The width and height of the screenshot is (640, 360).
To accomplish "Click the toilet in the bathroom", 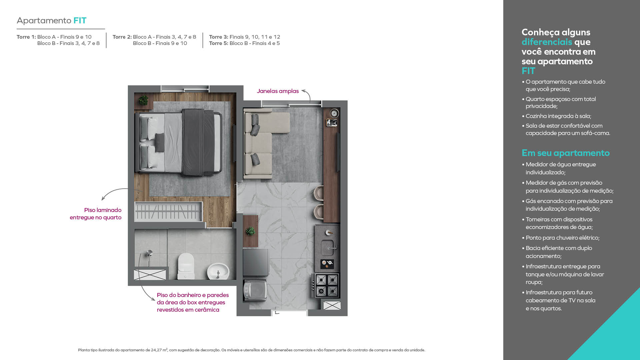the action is (x=186, y=266).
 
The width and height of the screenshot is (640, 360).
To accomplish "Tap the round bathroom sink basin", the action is (x=218, y=271).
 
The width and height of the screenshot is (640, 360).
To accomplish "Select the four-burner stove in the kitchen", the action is (x=327, y=285).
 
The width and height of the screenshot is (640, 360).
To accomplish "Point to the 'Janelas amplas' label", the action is (x=278, y=91).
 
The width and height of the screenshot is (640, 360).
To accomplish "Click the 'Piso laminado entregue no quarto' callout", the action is (x=96, y=214).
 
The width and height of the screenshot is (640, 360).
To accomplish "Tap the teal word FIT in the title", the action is (x=80, y=21).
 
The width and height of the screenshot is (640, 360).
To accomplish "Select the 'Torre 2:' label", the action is (x=122, y=37).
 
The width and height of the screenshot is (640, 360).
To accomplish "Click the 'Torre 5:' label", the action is (x=219, y=43).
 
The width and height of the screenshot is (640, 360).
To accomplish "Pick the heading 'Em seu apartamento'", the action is (x=566, y=153).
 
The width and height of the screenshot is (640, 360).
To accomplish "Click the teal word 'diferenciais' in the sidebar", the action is (x=547, y=42).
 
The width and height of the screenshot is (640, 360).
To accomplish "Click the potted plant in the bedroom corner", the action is (x=144, y=100).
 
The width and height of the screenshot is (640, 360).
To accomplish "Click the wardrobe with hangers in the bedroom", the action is (x=168, y=212).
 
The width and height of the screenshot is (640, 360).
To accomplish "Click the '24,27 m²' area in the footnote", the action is (x=159, y=350).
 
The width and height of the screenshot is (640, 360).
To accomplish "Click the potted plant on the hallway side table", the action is (x=250, y=231).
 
